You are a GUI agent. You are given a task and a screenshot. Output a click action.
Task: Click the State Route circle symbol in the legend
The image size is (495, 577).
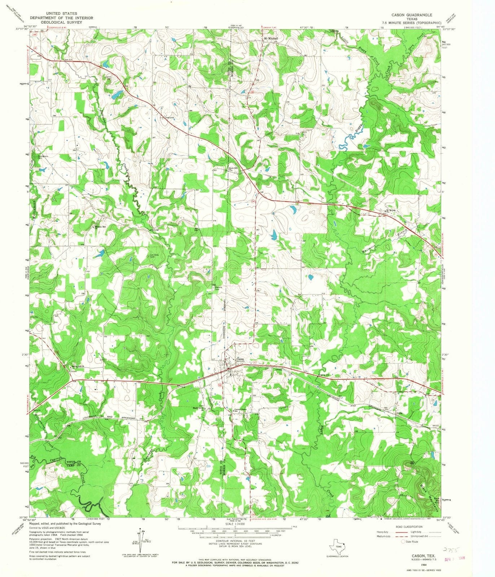pos(403,542)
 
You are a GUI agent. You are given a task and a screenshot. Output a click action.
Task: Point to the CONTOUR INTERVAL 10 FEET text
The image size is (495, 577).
pos(235,542)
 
